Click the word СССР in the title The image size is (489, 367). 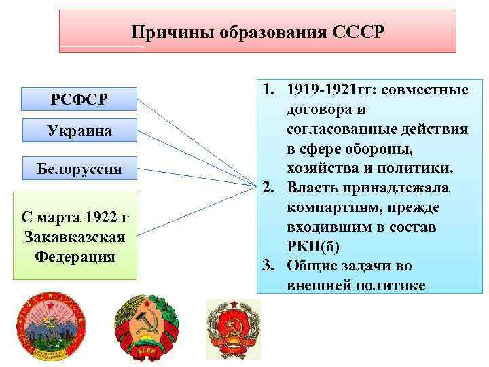pos(359,32)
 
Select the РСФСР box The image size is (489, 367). pos(79,100)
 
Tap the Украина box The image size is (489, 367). pos(79,130)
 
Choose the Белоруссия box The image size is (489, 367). pos(79,169)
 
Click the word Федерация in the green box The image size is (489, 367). pos(75,257)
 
